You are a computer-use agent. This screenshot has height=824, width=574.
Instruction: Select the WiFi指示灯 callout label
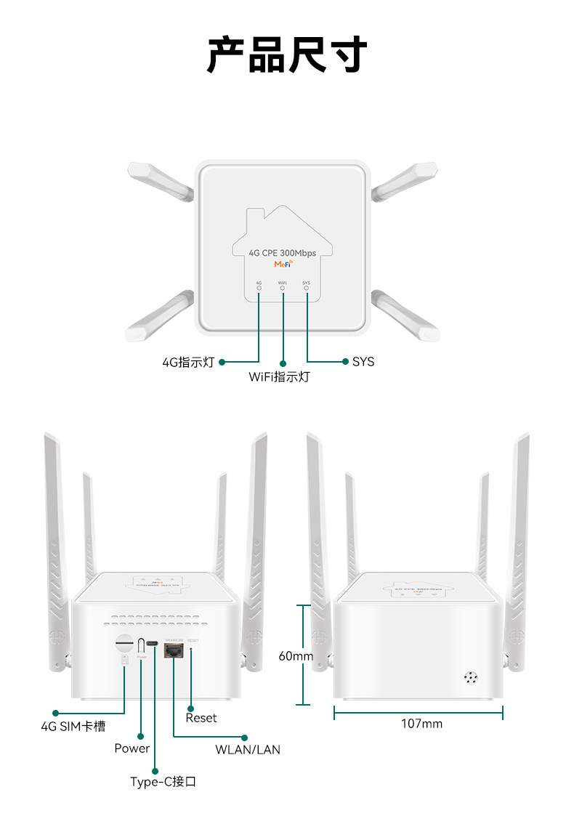pyautogui.click(x=279, y=377)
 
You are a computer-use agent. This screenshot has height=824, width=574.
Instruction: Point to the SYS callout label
pyautogui.click(x=363, y=361)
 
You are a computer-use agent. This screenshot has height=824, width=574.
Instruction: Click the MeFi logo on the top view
pyautogui.click(x=283, y=264)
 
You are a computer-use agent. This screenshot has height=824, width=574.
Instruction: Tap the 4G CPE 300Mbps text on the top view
pyautogui.click(x=283, y=253)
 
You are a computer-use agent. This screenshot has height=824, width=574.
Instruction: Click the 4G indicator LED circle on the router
pyautogui.click(x=259, y=288)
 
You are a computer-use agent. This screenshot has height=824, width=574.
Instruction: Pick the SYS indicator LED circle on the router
pyautogui.click(x=306, y=288)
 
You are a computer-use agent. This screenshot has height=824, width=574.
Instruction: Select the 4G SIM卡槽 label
pyautogui.click(x=73, y=726)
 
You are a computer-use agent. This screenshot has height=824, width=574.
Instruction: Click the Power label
pyautogui.click(x=132, y=748)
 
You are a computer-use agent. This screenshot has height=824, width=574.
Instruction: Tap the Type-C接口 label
pyautogui.click(x=163, y=782)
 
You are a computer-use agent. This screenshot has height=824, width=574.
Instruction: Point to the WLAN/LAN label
pyautogui.click(x=248, y=749)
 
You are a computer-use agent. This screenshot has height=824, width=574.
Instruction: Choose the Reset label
pyautogui.click(x=201, y=718)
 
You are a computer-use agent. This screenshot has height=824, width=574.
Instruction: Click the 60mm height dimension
pyautogui.click(x=296, y=656)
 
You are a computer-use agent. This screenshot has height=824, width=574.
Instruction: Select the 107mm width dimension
pyautogui.click(x=421, y=724)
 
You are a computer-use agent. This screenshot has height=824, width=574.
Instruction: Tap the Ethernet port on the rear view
pyautogui.click(x=174, y=650)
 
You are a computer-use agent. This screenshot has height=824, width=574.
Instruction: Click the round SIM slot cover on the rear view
pyautogui.click(x=124, y=642)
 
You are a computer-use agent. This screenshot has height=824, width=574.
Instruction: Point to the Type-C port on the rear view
pyautogui.click(x=153, y=645)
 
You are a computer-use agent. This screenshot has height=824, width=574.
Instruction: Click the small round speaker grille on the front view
pyautogui.click(x=472, y=677)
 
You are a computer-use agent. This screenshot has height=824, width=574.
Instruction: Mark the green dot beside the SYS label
pyautogui.click(x=344, y=361)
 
